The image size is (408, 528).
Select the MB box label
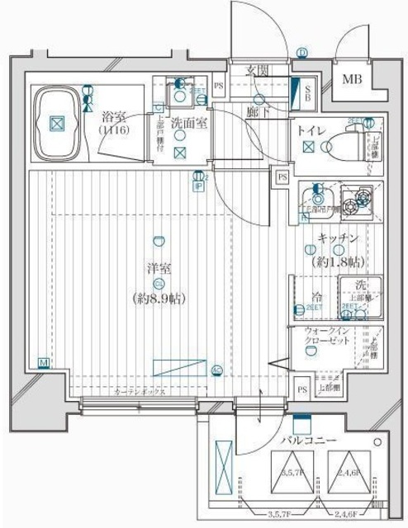point(353,79)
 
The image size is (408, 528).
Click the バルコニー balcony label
point(308,441)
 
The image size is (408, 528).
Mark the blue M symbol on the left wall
point(43,362)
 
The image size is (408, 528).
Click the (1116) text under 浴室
point(113,130)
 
